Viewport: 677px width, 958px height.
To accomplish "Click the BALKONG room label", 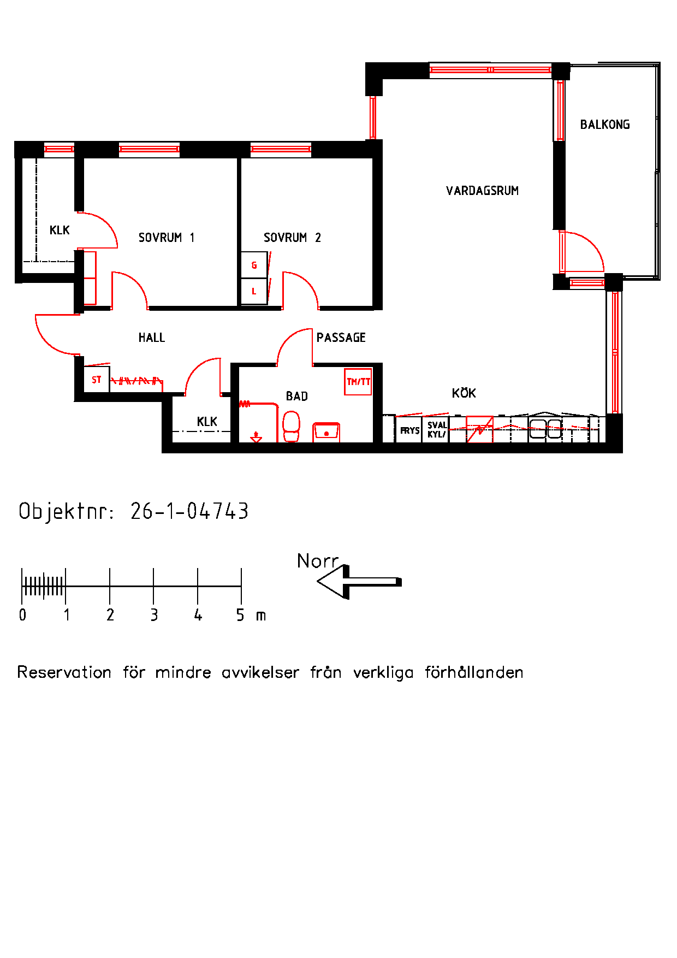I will (604, 125).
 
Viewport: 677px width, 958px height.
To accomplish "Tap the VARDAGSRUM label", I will (482, 191).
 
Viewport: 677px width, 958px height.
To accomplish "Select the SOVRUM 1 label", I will (166, 238).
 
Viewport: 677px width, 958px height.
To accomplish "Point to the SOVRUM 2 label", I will (292, 238).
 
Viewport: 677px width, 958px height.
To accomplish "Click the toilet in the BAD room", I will (291, 426).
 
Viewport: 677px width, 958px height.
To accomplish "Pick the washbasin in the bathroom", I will (326, 431).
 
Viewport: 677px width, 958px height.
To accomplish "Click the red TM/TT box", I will (358, 382).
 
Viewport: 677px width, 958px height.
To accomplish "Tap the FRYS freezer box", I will (409, 430).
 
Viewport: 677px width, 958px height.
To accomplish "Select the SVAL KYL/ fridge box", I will (436, 430).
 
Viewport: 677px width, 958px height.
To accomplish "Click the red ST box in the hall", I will (97, 380).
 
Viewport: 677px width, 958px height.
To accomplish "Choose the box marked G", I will (254, 265).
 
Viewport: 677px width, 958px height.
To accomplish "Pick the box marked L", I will (254, 292).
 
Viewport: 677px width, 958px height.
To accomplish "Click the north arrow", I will (358, 582).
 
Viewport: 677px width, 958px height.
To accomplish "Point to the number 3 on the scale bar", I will (154, 616).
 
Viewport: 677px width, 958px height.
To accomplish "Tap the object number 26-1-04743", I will (189, 511).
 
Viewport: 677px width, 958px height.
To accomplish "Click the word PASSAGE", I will (341, 338).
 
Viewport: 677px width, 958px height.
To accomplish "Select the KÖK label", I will (464, 393).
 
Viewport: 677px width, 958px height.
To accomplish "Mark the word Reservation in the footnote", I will (64, 672).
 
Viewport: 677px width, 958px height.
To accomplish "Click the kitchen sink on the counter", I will (545, 428).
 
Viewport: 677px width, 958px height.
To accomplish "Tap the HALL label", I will (151, 338).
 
